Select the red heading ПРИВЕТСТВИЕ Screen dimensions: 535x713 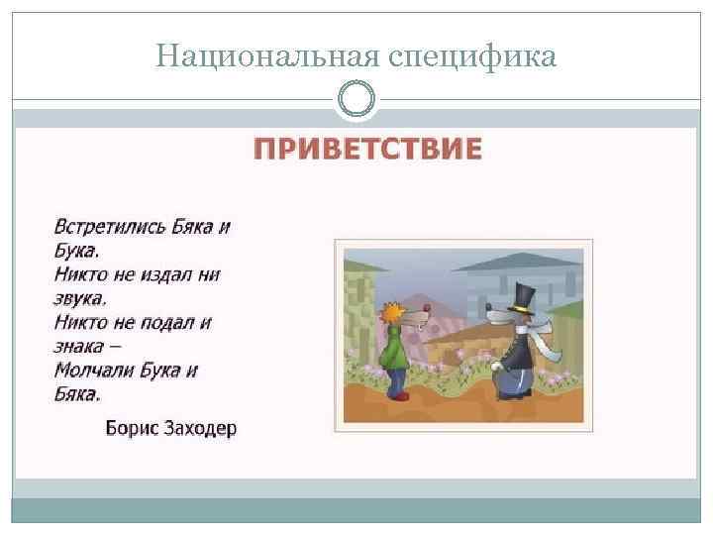coord(368,150)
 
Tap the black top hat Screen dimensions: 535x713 coord(521,297)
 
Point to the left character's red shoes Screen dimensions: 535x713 coord(398,395)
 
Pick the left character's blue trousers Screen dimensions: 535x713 coord(397,378)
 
